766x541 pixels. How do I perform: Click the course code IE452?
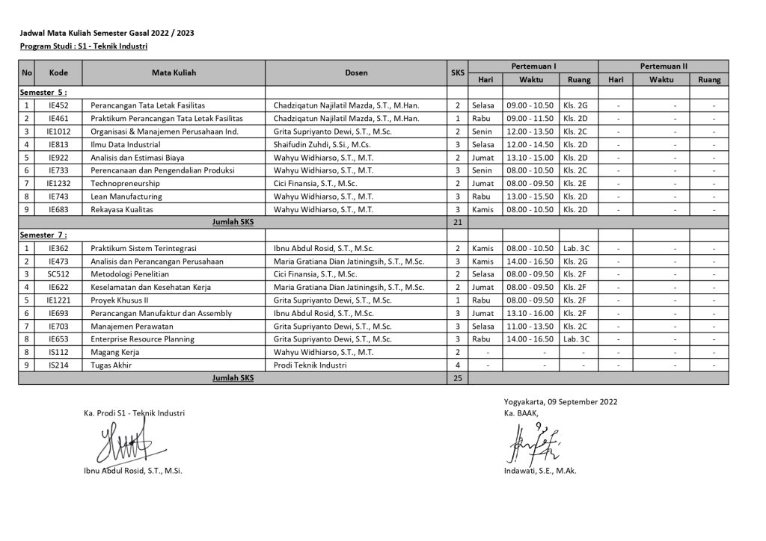pyautogui.click(x=58, y=105)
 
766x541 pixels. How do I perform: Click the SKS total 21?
pyautogui.click(x=458, y=222)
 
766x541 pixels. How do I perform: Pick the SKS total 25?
pyautogui.click(x=458, y=378)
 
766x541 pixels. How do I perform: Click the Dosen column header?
pyautogui.click(x=356, y=73)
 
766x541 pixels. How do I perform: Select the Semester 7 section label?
pyautogui.click(x=43, y=235)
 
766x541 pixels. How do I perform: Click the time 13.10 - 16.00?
pyautogui.click(x=530, y=313)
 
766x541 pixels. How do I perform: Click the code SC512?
pyautogui.click(x=58, y=273)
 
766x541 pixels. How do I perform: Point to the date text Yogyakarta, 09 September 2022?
pyautogui.click(x=560, y=401)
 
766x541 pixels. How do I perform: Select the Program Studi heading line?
pyautogui.click(x=84, y=46)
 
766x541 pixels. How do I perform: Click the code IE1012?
pyautogui.click(x=58, y=132)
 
